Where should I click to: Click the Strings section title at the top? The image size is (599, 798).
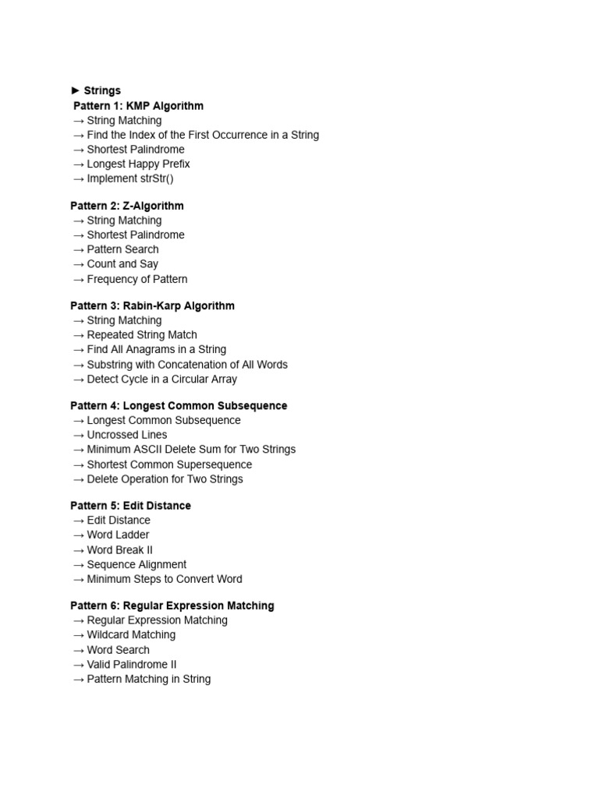coord(102,90)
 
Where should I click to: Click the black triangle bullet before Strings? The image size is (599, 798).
coord(76,90)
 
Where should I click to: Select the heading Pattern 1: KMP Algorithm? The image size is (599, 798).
coord(138,105)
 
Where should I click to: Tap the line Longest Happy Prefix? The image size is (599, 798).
coord(138,164)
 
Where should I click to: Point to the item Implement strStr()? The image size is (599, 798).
coord(130,178)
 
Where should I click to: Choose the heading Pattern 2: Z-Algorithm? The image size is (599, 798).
coord(127,206)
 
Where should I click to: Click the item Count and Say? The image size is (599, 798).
coord(122,264)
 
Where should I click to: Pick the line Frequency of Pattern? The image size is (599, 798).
coord(137,279)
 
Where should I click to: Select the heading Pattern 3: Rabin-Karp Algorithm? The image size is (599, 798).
coord(152,305)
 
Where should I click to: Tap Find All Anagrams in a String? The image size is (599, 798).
coord(157,349)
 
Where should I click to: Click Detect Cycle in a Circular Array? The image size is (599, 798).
coord(162,379)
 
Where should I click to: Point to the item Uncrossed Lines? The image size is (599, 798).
coord(127,435)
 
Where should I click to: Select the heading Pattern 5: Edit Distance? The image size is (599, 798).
coord(130,506)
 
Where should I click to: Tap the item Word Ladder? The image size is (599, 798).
coord(118,535)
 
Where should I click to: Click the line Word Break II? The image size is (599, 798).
coord(120,549)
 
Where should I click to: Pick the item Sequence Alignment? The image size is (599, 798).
coord(136,564)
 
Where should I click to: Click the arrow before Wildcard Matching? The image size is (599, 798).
coord(78,635)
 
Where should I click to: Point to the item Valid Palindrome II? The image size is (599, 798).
coord(132,665)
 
